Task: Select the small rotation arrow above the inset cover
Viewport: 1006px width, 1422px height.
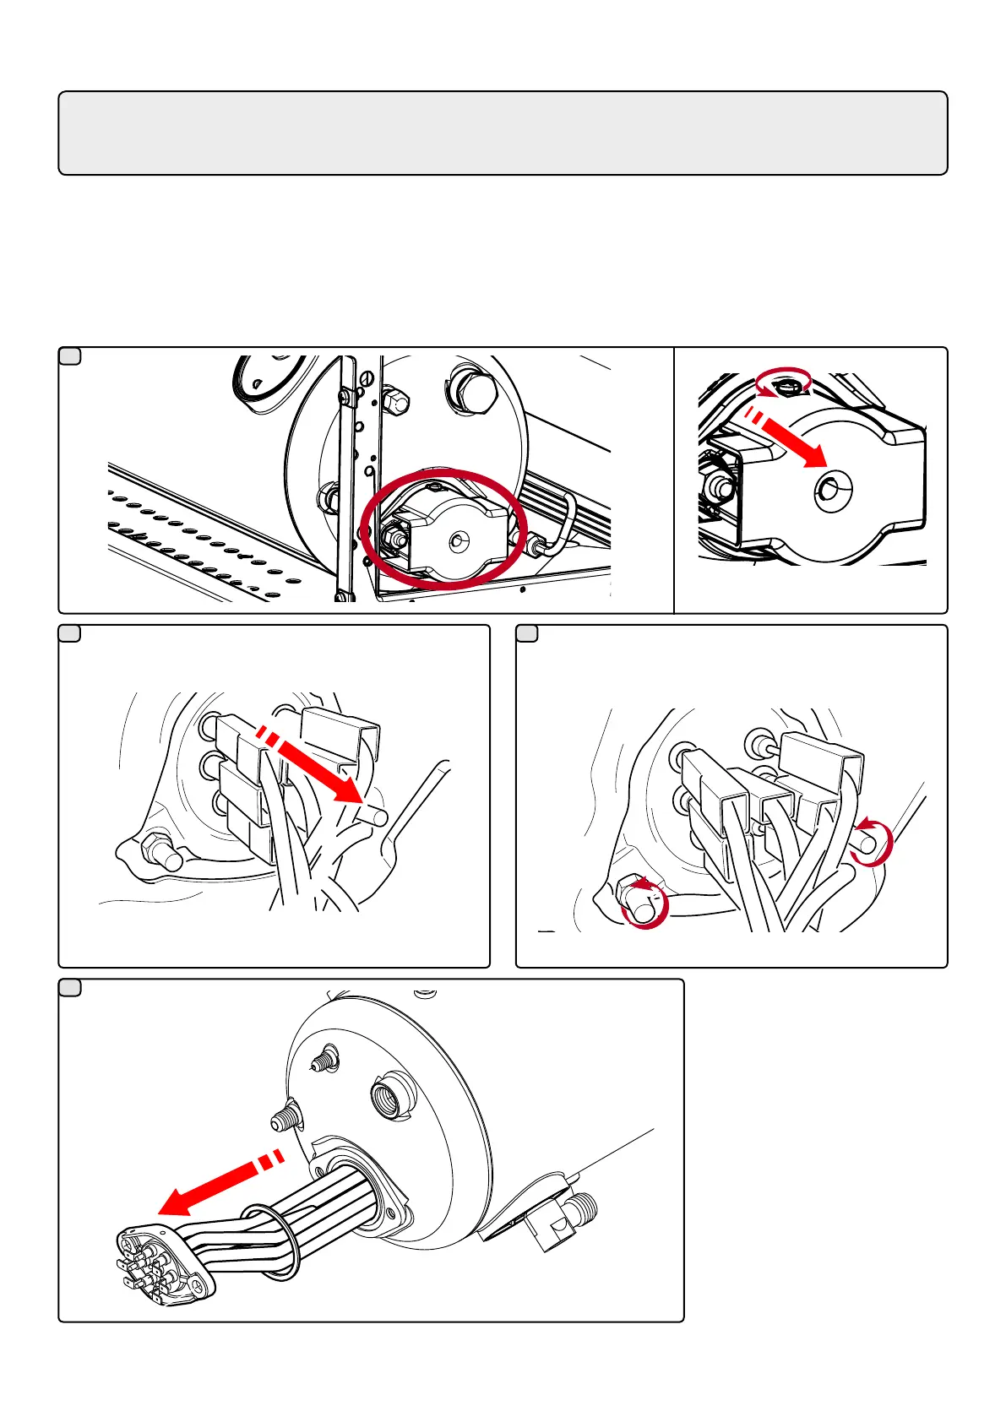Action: [783, 382]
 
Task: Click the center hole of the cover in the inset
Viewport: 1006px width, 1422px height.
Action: [834, 489]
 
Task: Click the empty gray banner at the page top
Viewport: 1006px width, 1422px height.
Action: [503, 133]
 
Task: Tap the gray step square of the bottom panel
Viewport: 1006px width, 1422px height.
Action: [70, 987]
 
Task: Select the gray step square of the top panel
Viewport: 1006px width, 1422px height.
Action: [70, 355]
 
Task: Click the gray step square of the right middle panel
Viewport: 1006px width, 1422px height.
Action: [527, 633]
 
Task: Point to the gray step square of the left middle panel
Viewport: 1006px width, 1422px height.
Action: [70, 633]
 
